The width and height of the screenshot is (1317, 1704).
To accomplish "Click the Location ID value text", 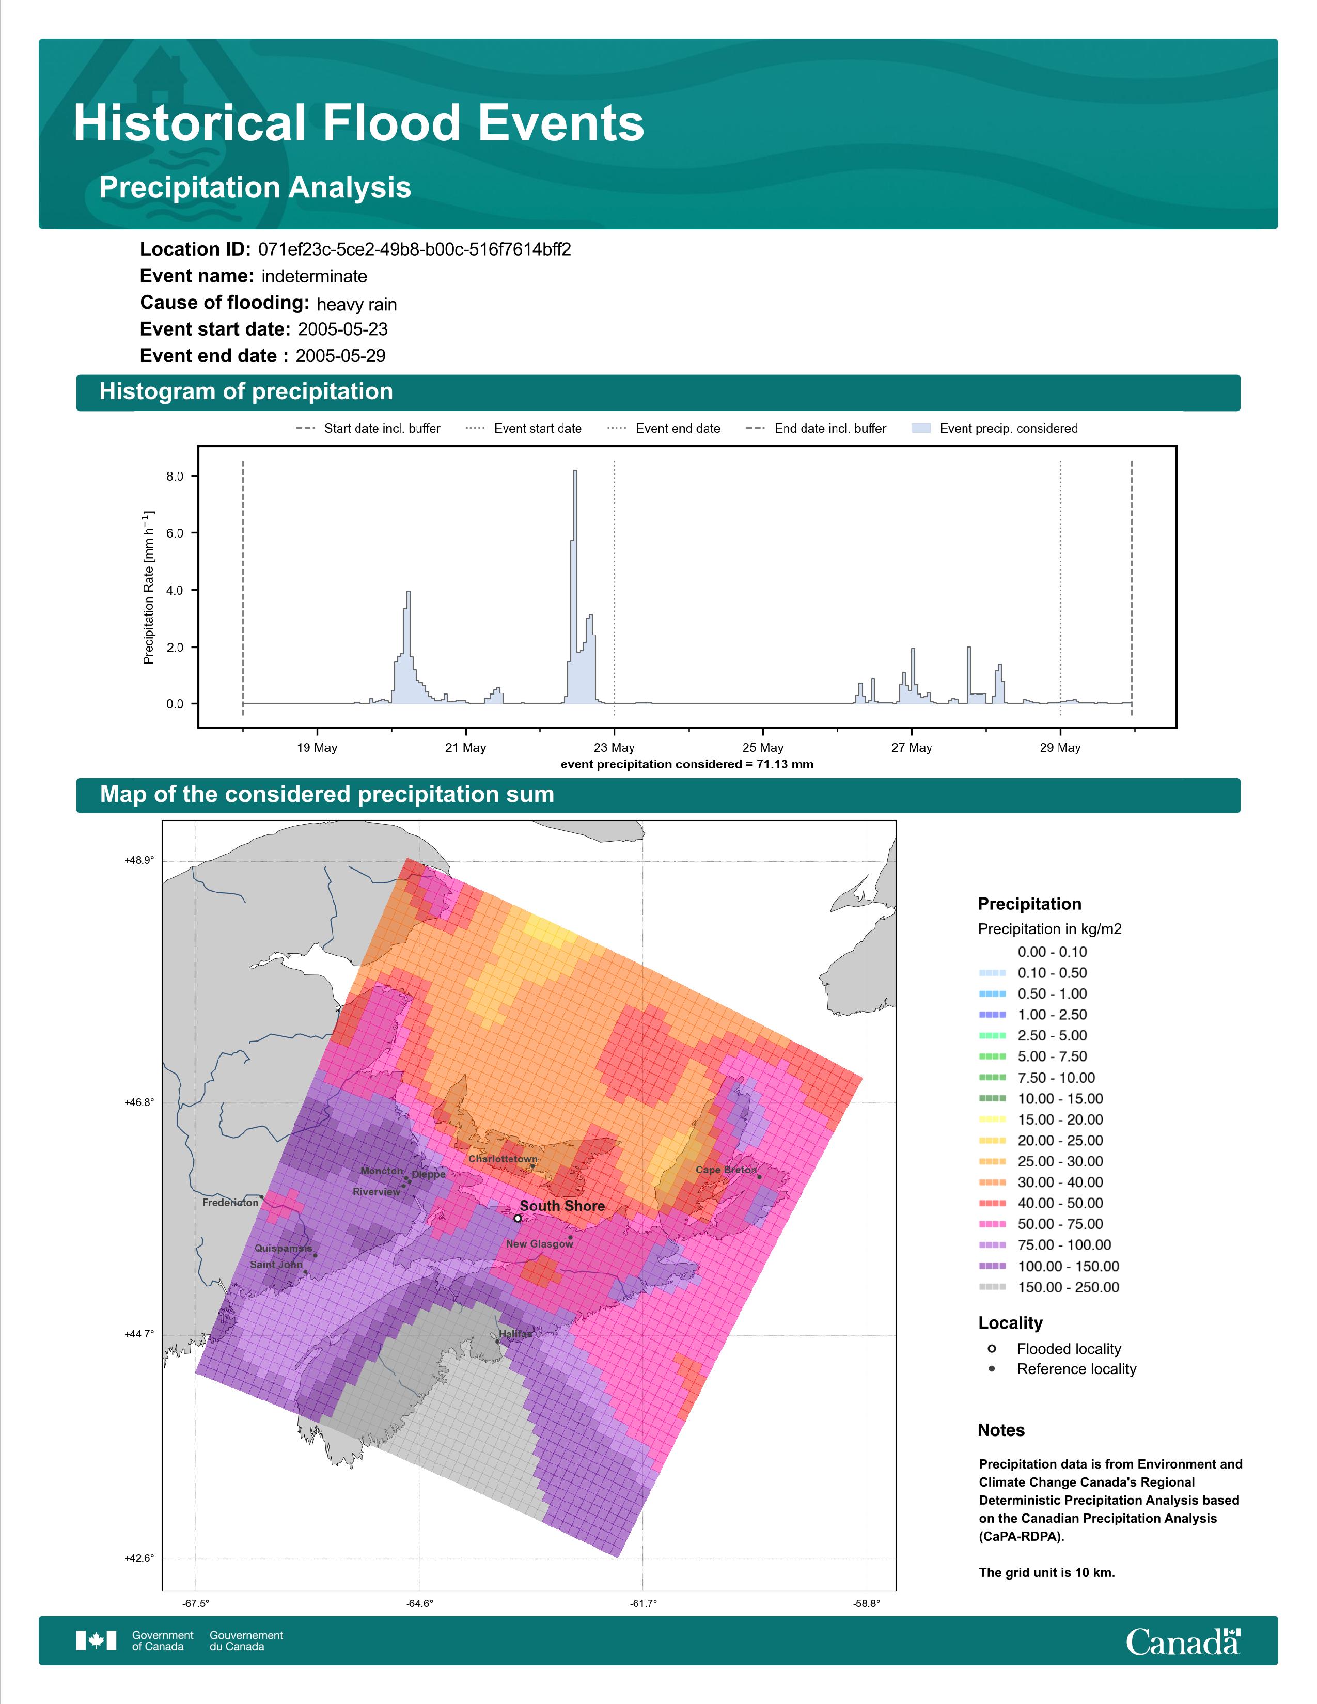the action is pyautogui.click(x=414, y=250).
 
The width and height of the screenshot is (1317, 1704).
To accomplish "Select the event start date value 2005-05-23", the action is pyautogui.click(x=342, y=329).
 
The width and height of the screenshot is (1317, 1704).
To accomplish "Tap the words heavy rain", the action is pyautogui.click(x=356, y=304).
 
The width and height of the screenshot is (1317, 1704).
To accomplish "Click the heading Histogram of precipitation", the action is pyautogui.click(x=246, y=392).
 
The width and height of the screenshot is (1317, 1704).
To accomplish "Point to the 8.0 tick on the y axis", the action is pyautogui.click(x=175, y=476).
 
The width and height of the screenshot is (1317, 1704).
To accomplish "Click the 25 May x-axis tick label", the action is pyautogui.click(x=763, y=748).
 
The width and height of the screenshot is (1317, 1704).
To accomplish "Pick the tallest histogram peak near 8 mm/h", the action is pyautogui.click(x=575, y=471).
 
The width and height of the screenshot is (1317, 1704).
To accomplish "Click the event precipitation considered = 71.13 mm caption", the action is pyautogui.click(x=686, y=765).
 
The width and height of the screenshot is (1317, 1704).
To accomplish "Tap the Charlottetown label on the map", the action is pyautogui.click(x=503, y=1159).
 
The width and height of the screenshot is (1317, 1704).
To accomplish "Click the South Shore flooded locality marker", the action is pyautogui.click(x=518, y=1218).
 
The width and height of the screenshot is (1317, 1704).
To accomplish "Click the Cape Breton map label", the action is pyautogui.click(x=726, y=1170).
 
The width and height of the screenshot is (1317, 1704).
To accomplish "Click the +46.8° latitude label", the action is pyautogui.click(x=139, y=1102).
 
